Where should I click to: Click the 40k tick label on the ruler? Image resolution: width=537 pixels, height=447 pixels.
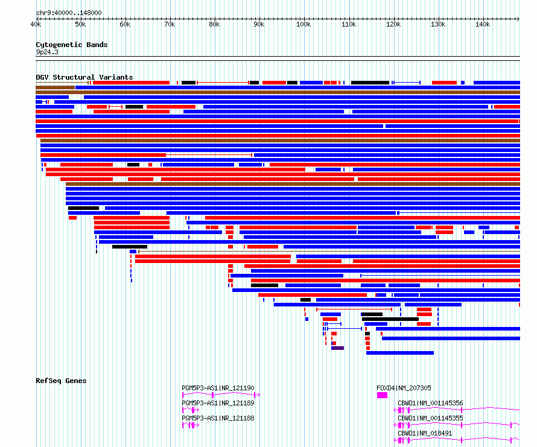36,24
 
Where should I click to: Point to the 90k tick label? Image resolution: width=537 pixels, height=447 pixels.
259,24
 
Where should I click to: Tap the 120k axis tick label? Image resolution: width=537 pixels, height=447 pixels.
393,24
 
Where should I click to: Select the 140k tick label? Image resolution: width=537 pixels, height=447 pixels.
483,24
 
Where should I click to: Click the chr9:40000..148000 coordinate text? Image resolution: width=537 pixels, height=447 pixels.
69,13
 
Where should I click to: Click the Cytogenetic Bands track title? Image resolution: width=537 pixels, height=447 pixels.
72,45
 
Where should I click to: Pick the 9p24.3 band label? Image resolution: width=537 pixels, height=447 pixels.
47,52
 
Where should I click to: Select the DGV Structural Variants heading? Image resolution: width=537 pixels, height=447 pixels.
84,77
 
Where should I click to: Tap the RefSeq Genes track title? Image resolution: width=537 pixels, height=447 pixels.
61,381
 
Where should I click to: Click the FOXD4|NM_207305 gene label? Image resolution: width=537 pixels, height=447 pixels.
404,388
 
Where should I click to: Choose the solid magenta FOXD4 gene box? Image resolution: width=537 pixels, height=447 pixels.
382,395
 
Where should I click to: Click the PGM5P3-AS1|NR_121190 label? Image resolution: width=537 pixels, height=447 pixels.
218,388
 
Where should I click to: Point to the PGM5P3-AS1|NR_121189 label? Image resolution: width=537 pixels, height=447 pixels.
218,403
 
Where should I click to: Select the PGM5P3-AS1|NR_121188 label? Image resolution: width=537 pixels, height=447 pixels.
218,418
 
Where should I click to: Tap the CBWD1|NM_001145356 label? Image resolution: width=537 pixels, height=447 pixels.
430,403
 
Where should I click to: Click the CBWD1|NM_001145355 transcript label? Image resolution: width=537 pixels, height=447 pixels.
430,418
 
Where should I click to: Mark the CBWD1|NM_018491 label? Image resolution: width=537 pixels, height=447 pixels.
425,433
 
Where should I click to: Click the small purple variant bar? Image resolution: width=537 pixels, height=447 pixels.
337,348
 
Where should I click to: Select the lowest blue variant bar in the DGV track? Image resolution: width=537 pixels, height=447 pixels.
400,353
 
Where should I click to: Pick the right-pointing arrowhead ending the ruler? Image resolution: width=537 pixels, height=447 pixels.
518,19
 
